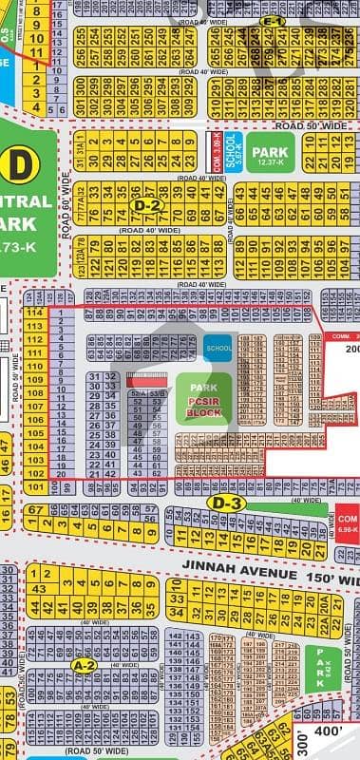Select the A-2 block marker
click(83, 640)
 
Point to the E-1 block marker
click(275, 20)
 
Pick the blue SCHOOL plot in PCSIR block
click(218, 347)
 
